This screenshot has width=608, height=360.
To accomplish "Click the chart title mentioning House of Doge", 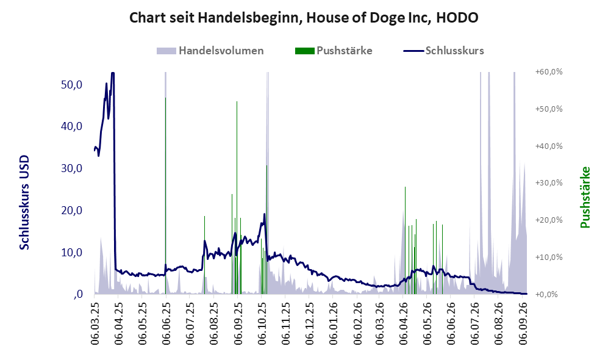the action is click(304, 18).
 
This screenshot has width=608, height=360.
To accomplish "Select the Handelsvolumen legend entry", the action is click(210, 51).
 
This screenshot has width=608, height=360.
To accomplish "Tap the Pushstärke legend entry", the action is click(334, 51).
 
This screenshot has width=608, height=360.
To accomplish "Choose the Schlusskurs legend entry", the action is click(443, 51).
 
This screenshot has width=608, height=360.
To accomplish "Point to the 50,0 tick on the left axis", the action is click(72, 85).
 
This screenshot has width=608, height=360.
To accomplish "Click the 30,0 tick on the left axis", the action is click(72, 168).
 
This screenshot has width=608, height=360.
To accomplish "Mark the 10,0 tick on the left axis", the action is click(72, 253).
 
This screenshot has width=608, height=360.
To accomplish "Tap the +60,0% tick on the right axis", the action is click(549, 72).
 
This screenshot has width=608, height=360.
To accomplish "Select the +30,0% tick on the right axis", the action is click(549, 182).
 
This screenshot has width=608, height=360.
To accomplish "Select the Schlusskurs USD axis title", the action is click(24, 203).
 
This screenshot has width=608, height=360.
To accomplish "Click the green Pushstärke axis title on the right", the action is click(585, 198).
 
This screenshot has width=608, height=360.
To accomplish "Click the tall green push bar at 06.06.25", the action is click(166, 196).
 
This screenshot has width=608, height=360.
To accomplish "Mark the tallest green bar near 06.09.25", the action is click(237, 198).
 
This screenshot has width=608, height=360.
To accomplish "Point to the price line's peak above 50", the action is click(113, 73).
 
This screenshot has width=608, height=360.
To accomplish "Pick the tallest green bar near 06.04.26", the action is click(405, 240).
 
